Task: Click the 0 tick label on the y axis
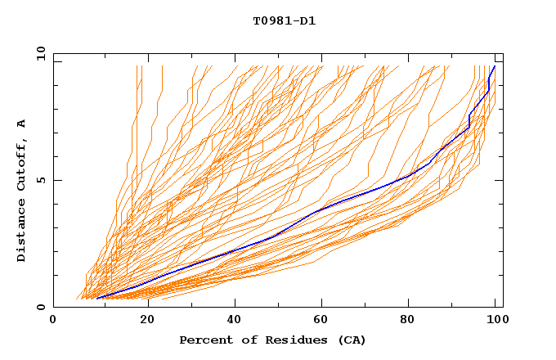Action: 42,308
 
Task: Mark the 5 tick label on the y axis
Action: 42,180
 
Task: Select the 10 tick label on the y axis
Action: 38,53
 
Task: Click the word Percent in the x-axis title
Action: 204,340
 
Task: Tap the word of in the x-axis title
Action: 243,340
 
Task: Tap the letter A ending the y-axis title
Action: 22,124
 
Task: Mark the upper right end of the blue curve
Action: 494,66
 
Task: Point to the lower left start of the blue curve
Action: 96,299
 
